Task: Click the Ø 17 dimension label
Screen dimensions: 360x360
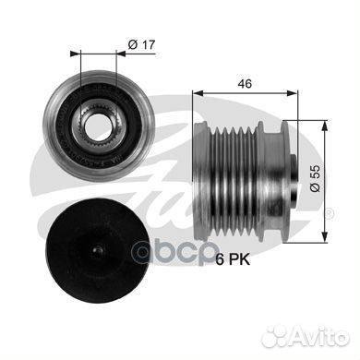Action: (141, 45)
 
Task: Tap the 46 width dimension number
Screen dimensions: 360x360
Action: (245, 83)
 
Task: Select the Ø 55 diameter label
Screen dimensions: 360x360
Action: (315, 178)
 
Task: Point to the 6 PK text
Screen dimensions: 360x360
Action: (233, 260)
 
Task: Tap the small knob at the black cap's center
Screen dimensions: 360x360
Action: (98, 251)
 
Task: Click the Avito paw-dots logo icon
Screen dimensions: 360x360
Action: (276, 336)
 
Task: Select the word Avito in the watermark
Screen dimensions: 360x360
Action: (319, 337)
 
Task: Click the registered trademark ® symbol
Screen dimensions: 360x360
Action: (330, 213)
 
